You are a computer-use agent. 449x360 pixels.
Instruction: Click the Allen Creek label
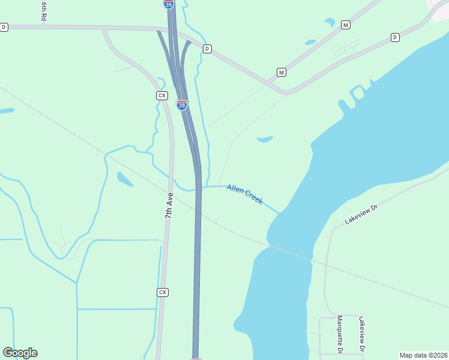coord(245,194)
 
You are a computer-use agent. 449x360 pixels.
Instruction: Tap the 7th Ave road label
coord(169,205)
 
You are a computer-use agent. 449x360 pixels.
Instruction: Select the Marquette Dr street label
coord(339,334)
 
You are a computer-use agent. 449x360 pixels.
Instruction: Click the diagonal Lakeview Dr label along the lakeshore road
coord(361,215)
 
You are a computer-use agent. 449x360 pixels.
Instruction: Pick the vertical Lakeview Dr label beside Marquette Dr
coord(361,334)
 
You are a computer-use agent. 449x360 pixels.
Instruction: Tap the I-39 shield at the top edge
coord(169,4)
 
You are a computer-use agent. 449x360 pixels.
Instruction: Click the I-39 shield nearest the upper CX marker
coord(182,105)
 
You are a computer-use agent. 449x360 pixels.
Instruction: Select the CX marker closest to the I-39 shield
coord(161,95)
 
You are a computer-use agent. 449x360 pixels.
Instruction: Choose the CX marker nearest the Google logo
coord(161,292)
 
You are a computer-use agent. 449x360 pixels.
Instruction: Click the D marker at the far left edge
coord(4,27)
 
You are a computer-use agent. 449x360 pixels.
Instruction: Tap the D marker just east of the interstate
coord(207,49)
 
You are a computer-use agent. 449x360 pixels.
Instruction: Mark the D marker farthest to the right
coord(395,37)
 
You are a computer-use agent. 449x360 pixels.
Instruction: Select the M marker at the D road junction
coord(281,72)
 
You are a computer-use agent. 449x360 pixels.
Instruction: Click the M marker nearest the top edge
coord(345,25)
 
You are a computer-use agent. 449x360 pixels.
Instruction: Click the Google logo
coord(20,353)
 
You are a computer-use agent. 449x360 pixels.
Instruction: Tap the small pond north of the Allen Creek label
coord(265,140)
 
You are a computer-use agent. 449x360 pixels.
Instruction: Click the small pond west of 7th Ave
coord(125,179)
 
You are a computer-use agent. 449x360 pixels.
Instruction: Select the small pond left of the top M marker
coord(330,22)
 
